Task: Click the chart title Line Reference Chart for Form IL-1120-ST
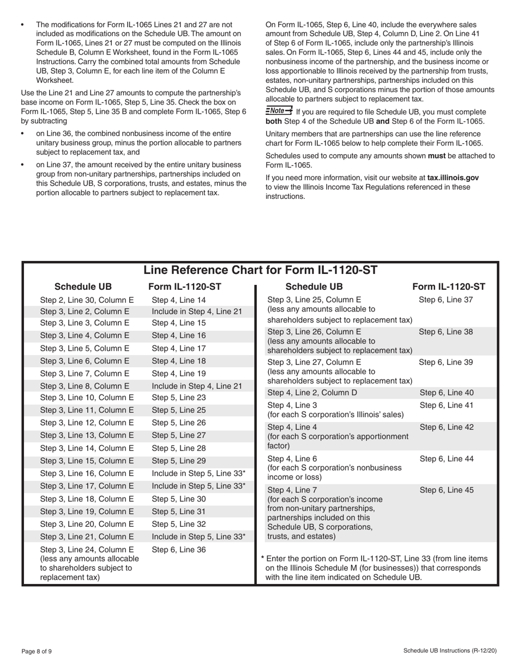click(x=260, y=270)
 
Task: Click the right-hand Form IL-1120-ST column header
click(x=448, y=287)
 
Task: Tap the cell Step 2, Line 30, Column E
click(x=87, y=300)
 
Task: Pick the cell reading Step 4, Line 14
click(x=178, y=300)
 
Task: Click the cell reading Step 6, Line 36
click(x=178, y=550)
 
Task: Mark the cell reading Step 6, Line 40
click(x=447, y=392)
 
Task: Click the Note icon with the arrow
click(x=279, y=111)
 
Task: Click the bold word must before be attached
click(x=437, y=155)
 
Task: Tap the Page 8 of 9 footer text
click(x=37, y=651)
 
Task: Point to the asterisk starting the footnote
click(x=263, y=558)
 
